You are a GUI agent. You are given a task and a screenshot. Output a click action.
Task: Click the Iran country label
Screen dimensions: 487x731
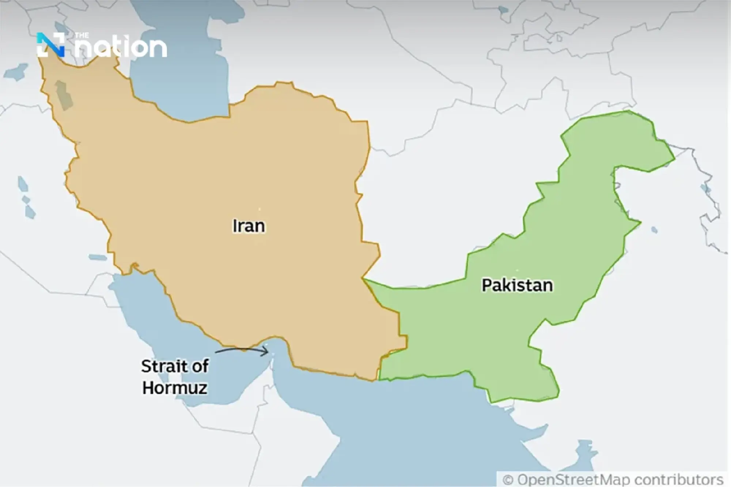(249, 226)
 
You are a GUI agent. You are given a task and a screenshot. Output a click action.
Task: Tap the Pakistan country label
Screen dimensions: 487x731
(517, 285)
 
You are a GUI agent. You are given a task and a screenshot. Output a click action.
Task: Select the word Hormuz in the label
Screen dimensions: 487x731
(175, 388)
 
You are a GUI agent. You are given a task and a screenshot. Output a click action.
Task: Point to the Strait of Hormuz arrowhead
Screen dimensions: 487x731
(267, 352)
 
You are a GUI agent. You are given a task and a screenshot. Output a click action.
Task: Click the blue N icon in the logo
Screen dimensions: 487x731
(50, 45)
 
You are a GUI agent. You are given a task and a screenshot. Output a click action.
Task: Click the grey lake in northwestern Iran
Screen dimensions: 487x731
(63, 95)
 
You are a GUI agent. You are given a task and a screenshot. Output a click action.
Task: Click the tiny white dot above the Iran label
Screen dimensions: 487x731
(260, 209)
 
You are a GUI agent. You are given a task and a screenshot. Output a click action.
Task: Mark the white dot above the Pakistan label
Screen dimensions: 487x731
(517, 270)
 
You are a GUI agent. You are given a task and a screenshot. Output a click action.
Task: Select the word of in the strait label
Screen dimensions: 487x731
(200, 366)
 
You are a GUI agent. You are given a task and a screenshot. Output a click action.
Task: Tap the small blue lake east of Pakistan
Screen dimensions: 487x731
(654, 230)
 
